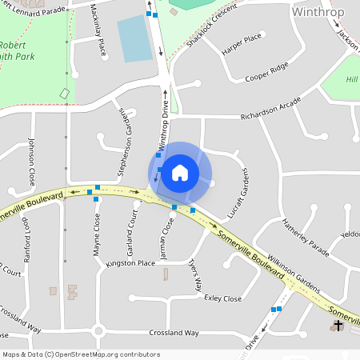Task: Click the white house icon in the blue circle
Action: click(x=180, y=172)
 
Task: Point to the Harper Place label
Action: click(x=242, y=39)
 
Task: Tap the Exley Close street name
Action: click(x=223, y=298)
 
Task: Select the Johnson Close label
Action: click(x=32, y=159)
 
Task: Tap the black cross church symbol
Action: click(x=338, y=326)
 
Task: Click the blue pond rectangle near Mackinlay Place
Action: click(x=134, y=38)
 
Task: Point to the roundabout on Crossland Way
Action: click(x=98, y=331)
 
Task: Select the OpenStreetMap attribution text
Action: click(x=80, y=354)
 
